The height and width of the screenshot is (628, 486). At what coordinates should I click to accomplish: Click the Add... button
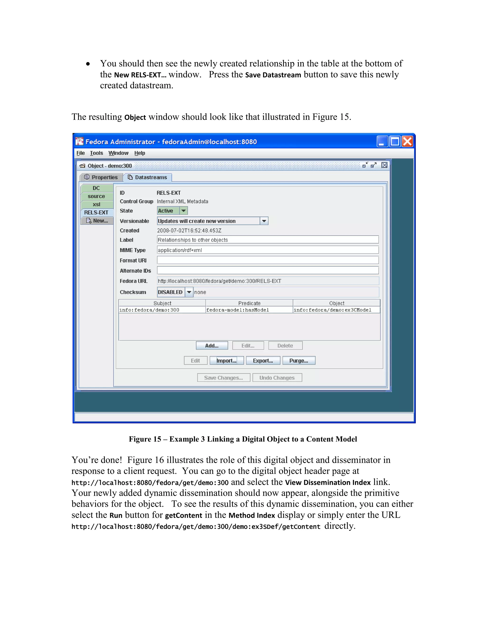[212, 346]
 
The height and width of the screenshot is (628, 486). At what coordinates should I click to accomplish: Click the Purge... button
[299, 361]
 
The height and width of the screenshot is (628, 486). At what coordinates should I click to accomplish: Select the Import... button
[226, 361]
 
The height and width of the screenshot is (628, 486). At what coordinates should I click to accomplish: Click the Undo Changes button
[277, 378]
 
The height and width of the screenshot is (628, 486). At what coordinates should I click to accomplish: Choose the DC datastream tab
[96, 188]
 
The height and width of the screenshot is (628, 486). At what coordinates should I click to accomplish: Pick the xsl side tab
[96, 205]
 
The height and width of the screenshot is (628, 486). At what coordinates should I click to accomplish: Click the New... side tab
[97, 221]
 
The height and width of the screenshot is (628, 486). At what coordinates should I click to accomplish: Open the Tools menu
[96, 153]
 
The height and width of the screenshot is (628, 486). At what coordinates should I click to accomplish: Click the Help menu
[140, 153]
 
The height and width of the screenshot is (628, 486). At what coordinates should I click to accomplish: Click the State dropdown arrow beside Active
[183, 211]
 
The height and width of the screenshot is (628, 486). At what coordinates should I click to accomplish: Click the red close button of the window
[407, 141]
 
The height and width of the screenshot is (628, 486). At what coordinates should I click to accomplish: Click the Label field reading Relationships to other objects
[268, 240]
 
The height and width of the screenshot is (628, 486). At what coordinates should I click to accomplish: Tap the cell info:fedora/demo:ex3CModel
[336, 310]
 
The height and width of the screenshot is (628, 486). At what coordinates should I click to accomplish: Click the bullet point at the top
[88, 64]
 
